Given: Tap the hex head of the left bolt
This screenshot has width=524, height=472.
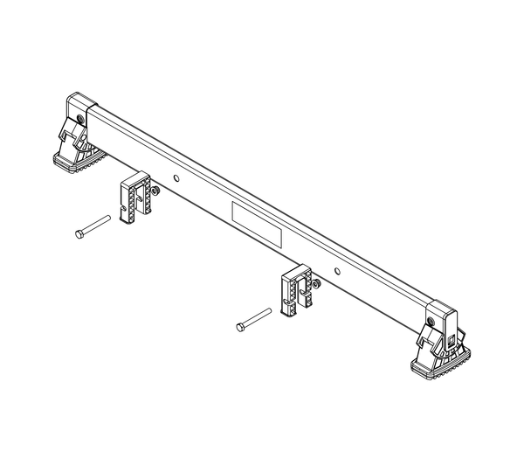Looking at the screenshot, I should tap(78, 233).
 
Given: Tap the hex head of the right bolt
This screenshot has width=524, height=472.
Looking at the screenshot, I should tap(240, 328).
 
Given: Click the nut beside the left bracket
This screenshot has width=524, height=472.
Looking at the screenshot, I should tap(155, 191).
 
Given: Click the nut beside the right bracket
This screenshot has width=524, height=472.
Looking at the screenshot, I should tap(316, 284).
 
